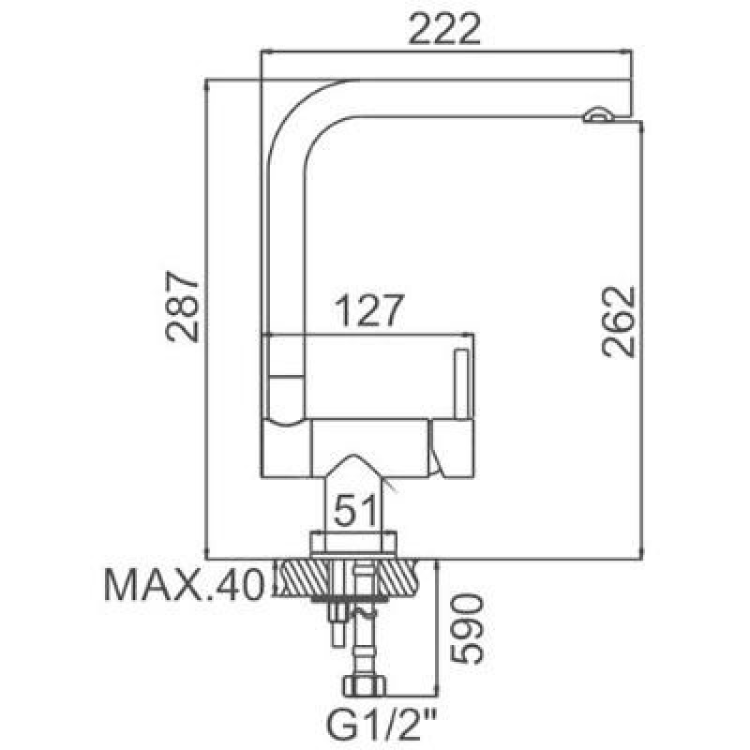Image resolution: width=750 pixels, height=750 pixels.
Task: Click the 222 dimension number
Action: pyautogui.click(x=443, y=29)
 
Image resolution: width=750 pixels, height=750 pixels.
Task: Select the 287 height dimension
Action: pyautogui.click(x=182, y=307)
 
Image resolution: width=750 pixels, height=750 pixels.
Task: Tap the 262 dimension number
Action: pyautogui.click(x=618, y=322)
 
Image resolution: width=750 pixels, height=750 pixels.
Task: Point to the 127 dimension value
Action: pyautogui.click(x=369, y=310)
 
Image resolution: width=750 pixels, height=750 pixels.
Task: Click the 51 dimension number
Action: pyautogui.click(x=354, y=510)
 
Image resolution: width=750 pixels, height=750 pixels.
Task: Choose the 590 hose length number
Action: pyautogui.click(x=467, y=628)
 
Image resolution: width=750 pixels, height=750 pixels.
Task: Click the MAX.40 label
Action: pyautogui.click(x=184, y=584)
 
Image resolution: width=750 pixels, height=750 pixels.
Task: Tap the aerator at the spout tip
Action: pyautogui.click(x=598, y=114)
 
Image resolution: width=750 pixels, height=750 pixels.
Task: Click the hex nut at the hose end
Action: pyautogui.click(x=365, y=686)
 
